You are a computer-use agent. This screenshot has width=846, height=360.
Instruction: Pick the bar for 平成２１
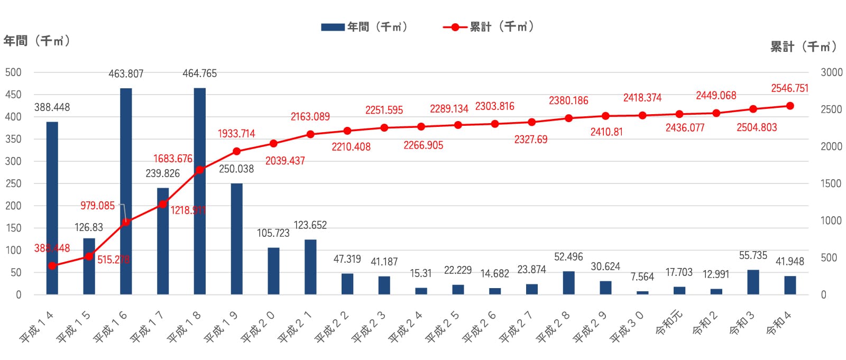[x=310, y=267]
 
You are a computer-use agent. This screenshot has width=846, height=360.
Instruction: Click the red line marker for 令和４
[x=790, y=106]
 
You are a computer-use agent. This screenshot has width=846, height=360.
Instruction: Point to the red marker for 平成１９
[x=236, y=151]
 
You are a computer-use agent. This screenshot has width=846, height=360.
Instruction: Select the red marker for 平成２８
[x=568, y=118]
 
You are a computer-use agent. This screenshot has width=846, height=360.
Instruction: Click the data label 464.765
[x=200, y=73]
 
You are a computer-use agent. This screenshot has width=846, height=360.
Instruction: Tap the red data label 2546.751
[x=789, y=88]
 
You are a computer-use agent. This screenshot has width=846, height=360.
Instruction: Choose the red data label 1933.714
[x=236, y=134]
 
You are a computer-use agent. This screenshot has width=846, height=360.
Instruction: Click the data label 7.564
[x=642, y=277]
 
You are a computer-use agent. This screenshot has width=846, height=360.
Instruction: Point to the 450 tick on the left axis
[x=13, y=95]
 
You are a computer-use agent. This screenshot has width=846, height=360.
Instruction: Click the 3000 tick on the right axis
[x=831, y=72]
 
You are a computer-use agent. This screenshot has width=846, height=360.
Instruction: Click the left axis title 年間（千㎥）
[x=36, y=41]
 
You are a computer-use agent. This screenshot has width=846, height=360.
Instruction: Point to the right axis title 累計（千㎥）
[x=803, y=47]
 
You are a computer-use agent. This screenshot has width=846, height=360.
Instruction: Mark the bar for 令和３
[x=753, y=282]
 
